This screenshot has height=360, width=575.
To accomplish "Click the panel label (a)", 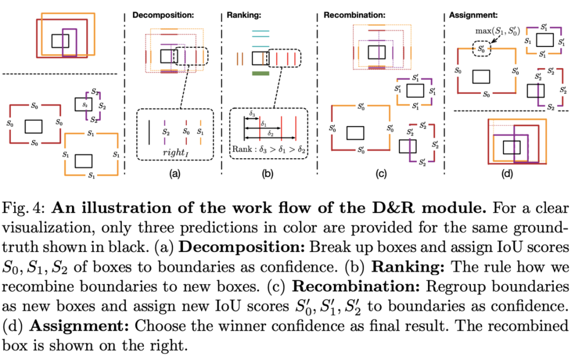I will coord(174,174).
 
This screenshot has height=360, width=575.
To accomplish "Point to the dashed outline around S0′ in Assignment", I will coord(482,49).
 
